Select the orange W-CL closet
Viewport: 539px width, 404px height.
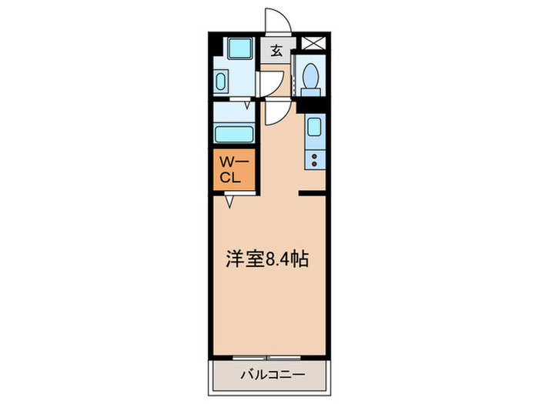point(234,170)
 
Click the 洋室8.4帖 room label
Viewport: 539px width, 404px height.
point(268,260)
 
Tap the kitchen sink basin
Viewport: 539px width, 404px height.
point(315,127)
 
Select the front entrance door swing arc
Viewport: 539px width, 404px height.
point(276,22)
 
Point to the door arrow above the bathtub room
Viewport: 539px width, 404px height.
point(246,105)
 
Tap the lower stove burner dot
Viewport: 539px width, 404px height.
point(314,162)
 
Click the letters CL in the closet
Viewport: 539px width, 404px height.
point(233,178)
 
